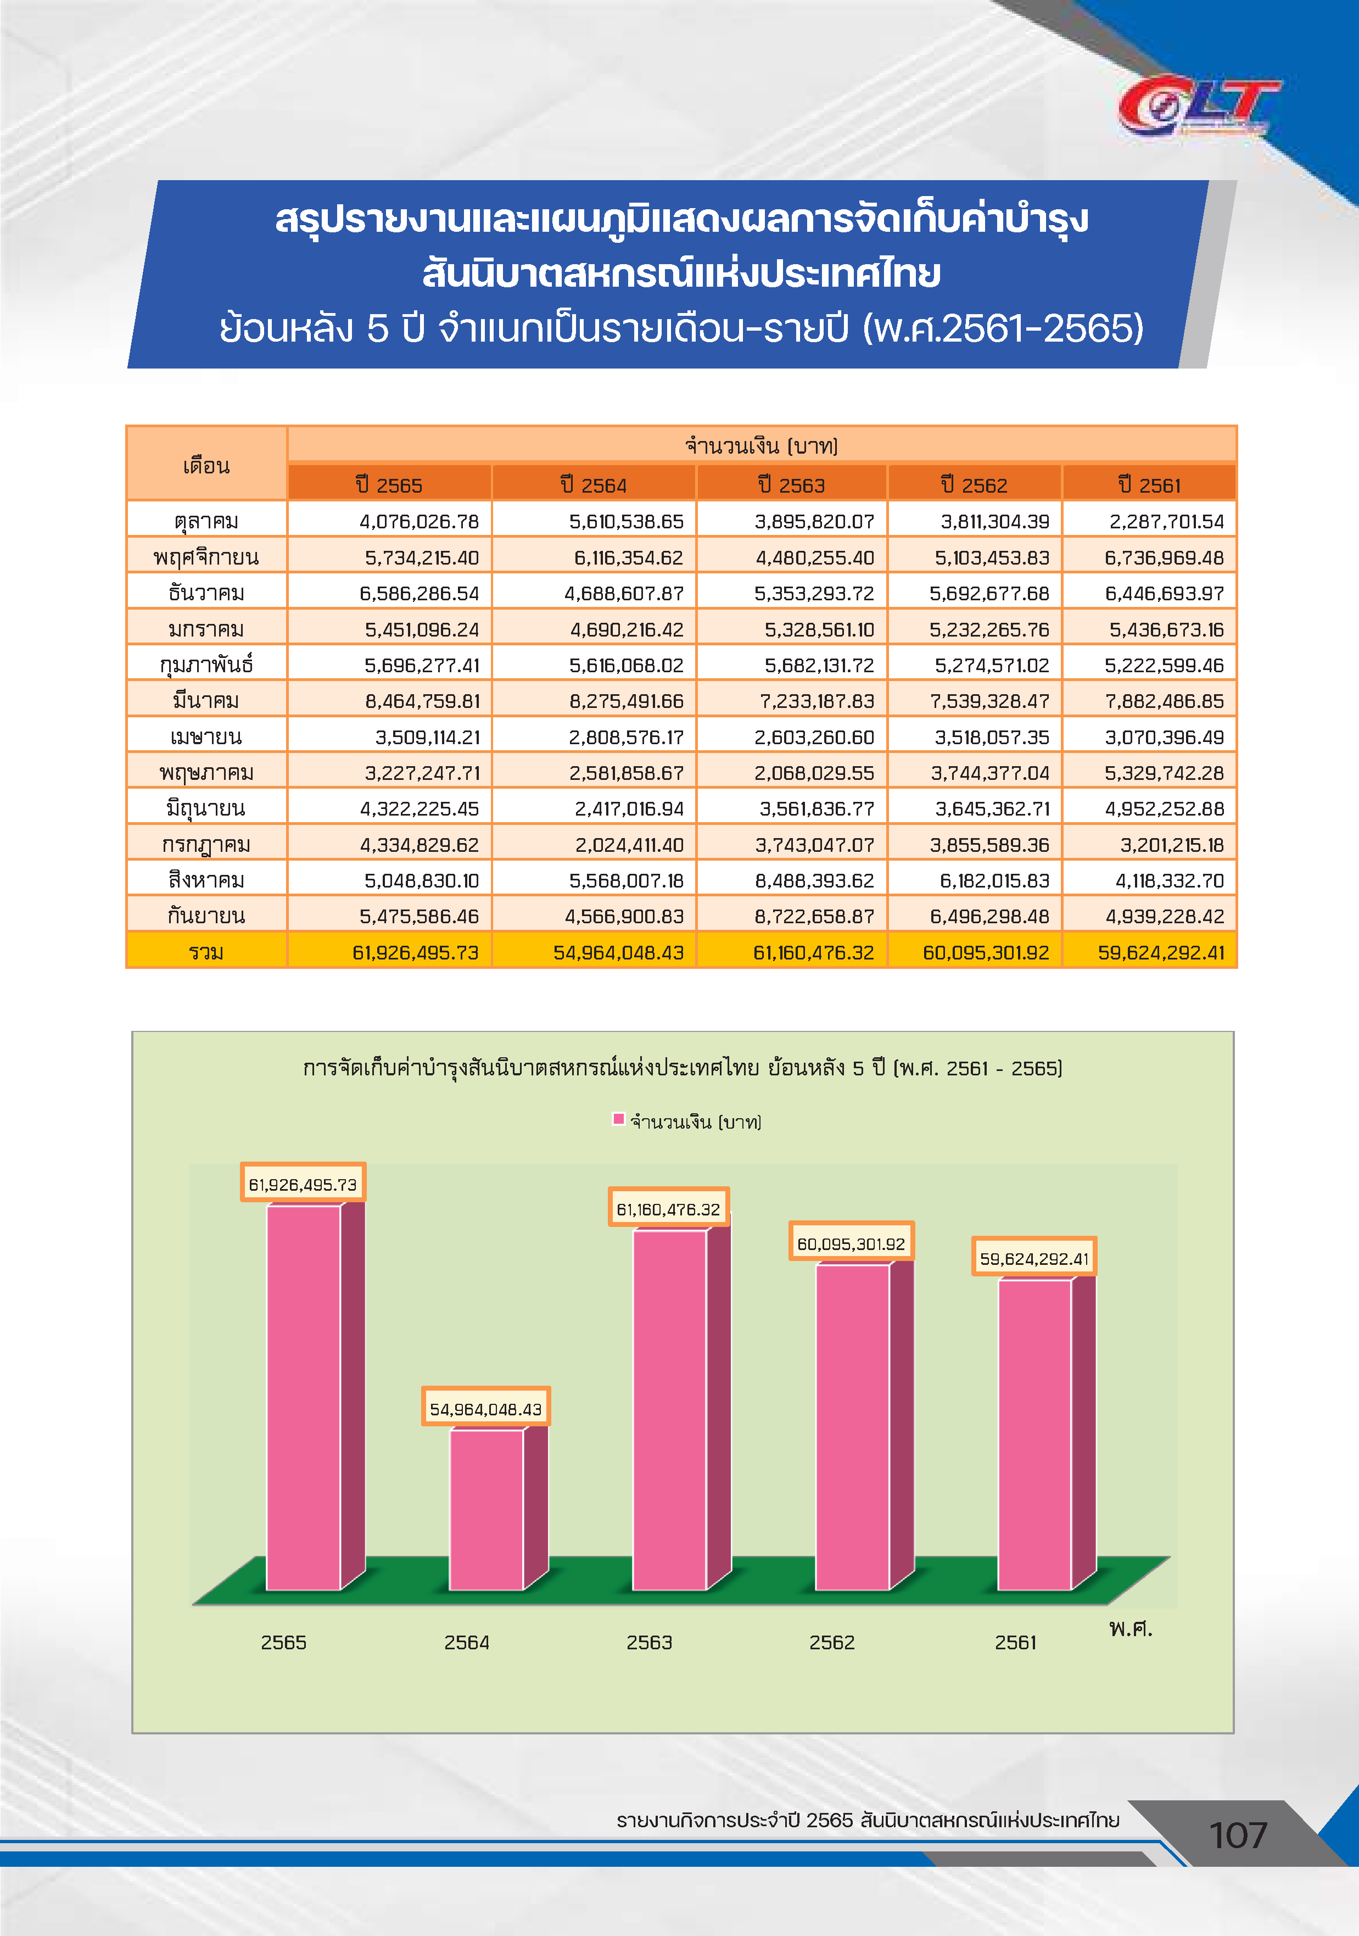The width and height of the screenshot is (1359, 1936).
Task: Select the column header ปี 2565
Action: pos(389,485)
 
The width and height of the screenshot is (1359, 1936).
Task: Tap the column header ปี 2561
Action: pos(1149,485)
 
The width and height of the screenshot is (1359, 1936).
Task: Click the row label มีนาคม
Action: pos(206,700)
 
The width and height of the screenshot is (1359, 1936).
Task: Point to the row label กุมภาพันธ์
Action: pos(206,665)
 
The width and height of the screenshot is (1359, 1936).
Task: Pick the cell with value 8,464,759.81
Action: pos(422,701)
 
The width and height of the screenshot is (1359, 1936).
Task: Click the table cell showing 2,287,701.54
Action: pos(1166,522)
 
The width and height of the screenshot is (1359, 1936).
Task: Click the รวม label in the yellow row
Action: pos(206,952)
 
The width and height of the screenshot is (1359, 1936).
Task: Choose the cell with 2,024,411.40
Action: pos(629,845)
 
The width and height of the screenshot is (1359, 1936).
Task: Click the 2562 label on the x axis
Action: pos(831,1642)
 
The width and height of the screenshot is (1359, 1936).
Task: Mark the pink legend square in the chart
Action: pos(618,1119)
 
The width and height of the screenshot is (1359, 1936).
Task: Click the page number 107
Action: pos(1238,1835)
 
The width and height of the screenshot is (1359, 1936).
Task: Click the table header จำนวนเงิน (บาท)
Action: pos(761,445)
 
